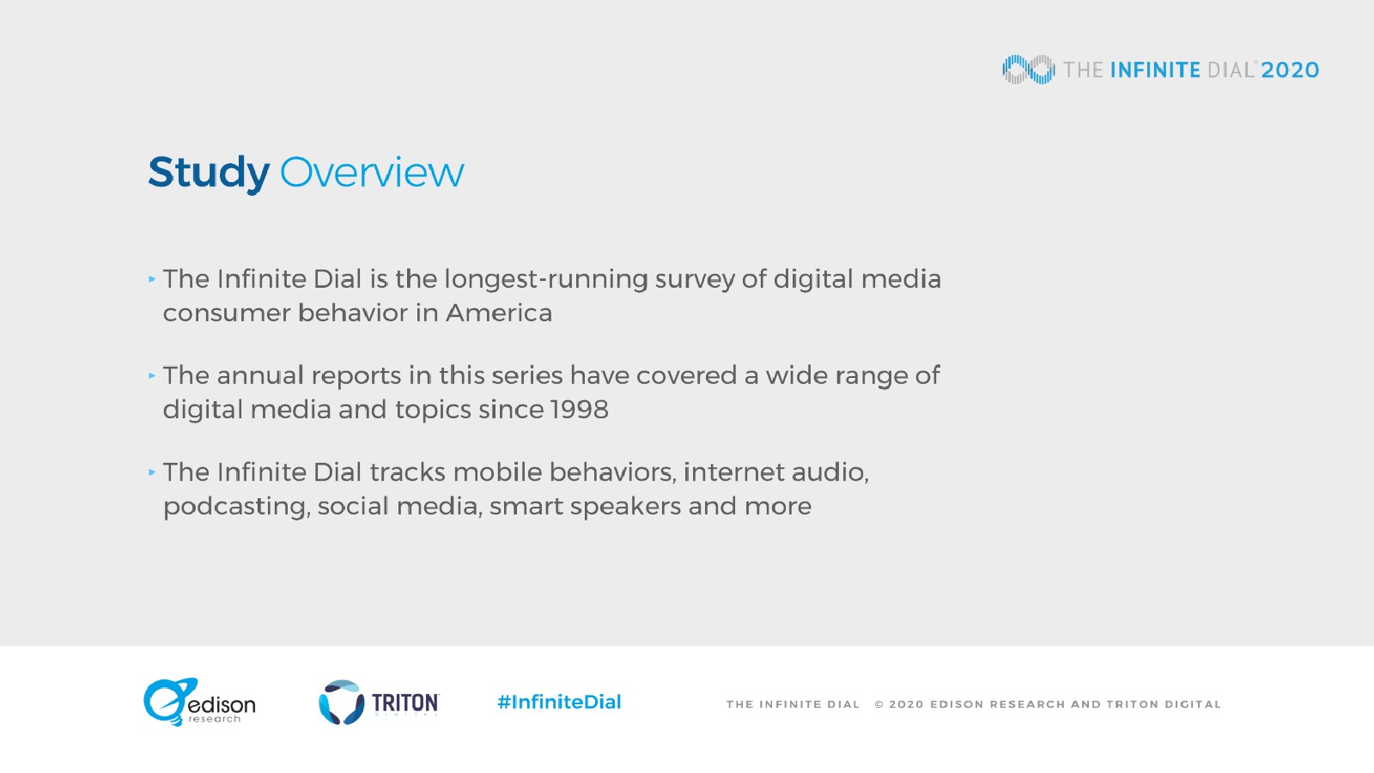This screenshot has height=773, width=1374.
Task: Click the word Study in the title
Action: pyautogui.click(x=209, y=173)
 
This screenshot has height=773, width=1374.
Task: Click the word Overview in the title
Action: pyautogui.click(x=372, y=173)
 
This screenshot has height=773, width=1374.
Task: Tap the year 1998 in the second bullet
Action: pyautogui.click(x=579, y=409)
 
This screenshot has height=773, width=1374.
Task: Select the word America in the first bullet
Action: pyautogui.click(x=499, y=313)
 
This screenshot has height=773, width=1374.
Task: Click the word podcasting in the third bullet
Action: pyautogui.click(x=236, y=507)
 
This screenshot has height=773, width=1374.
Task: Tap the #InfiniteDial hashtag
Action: pyautogui.click(x=559, y=702)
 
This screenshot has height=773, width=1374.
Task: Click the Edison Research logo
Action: pyautogui.click(x=199, y=702)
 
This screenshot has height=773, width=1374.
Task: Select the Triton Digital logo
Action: pyautogui.click(x=379, y=703)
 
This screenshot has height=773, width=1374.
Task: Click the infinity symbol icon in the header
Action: pyautogui.click(x=1029, y=70)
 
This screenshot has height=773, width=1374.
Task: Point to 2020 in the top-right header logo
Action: pyautogui.click(x=1290, y=70)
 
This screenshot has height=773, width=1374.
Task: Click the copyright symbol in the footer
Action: pyautogui.click(x=879, y=704)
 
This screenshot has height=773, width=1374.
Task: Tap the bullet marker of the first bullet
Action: pyautogui.click(x=152, y=279)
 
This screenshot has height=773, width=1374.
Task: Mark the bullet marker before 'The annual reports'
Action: pyautogui.click(x=152, y=375)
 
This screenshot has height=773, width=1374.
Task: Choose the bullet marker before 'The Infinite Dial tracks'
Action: pyautogui.click(x=152, y=472)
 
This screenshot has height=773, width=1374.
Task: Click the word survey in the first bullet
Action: pyautogui.click(x=695, y=280)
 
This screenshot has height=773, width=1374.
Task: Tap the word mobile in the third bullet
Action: pyautogui.click(x=497, y=472)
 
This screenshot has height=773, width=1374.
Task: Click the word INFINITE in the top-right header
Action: pyautogui.click(x=1155, y=70)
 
